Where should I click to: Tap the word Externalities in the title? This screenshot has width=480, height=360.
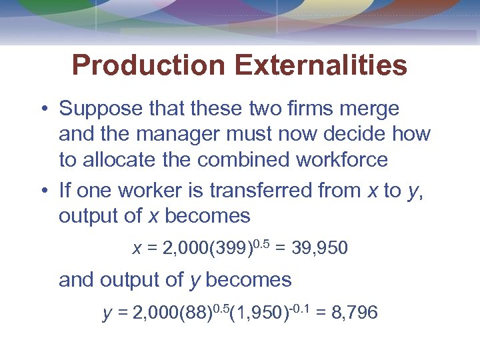point(321,66)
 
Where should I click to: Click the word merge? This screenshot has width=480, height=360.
point(373,109)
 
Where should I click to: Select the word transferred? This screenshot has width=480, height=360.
point(264,191)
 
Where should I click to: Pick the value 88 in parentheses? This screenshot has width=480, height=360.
point(201,313)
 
